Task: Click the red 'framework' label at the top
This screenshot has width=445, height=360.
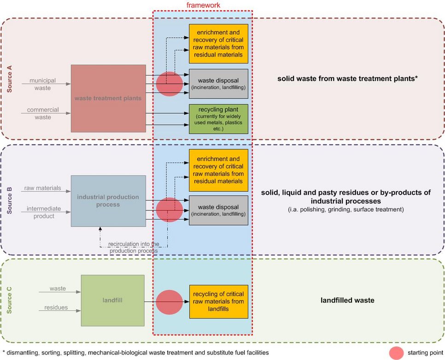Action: pyautogui.click(x=203, y=5)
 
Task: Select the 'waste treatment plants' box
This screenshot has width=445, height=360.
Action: pyautogui.click(x=108, y=98)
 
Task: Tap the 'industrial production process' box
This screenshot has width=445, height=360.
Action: pyautogui.click(x=108, y=201)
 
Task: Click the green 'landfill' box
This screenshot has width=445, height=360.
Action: pyautogui.click(x=112, y=301)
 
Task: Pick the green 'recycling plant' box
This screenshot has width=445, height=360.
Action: pyautogui.click(x=218, y=119)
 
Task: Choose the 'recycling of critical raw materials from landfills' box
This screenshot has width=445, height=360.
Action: pyautogui.click(x=218, y=302)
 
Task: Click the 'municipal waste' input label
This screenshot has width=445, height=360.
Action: pyautogui.click(x=43, y=84)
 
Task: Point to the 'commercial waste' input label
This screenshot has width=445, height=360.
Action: pyautogui.click(x=43, y=113)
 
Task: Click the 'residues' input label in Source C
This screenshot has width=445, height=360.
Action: pyautogui.click(x=56, y=308)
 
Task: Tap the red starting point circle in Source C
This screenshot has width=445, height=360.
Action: pyautogui.click(x=169, y=302)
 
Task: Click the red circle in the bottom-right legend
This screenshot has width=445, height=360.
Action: pyautogui.click(x=396, y=353)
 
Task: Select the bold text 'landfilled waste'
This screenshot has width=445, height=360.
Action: pyautogui.click(x=347, y=301)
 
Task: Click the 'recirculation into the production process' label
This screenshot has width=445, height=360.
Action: pyautogui.click(x=133, y=247)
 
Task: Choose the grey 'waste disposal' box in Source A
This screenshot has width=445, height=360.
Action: pyautogui.click(x=218, y=84)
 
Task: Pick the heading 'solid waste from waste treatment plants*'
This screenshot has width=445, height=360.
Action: pyautogui.click(x=347, y=79)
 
